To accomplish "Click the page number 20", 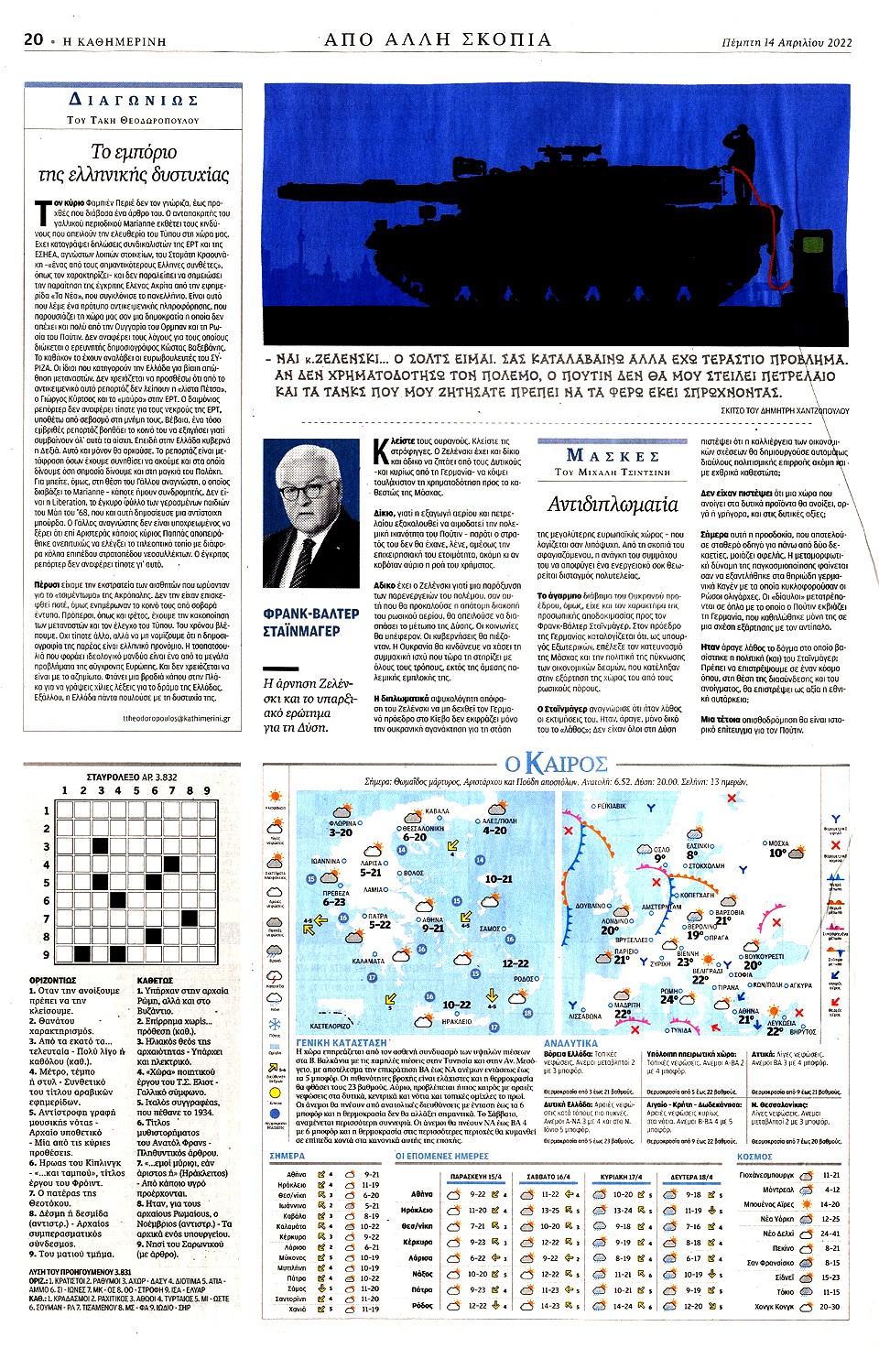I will click(34, 39).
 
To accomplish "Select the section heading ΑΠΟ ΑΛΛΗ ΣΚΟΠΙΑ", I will click(438, 39).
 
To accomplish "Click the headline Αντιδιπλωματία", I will click(613, 504).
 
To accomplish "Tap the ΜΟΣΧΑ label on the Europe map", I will click(777, 842).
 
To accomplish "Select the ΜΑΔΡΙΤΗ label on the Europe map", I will click(627, 1006).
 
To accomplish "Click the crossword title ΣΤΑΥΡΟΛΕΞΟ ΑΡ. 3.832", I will click(132, 777).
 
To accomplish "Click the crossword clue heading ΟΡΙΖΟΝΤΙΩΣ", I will click(52, 980).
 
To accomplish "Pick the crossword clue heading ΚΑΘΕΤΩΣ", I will click(155, 980).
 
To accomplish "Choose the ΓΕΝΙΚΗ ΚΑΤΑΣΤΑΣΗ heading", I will click(342, 1043).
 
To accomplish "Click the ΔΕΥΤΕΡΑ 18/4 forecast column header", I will click(691, 1176).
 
